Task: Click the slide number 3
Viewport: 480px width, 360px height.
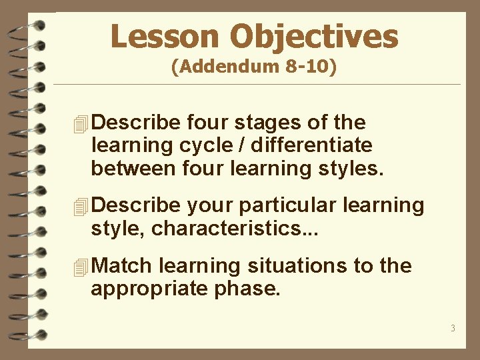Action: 453,327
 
